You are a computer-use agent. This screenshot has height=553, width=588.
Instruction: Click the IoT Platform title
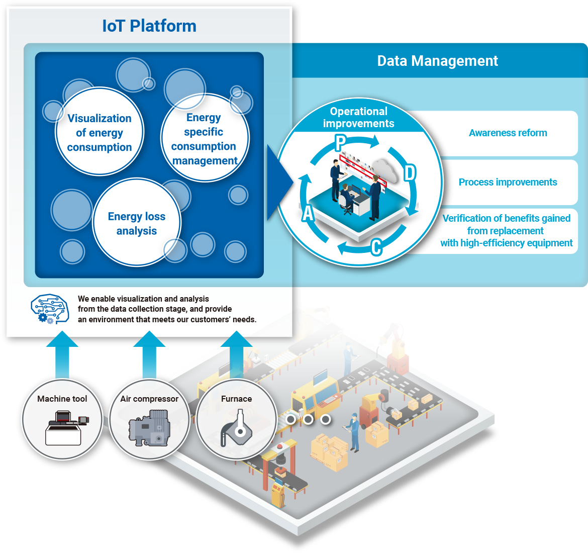point(149,26)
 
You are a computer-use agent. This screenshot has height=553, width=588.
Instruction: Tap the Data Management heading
point(437,61)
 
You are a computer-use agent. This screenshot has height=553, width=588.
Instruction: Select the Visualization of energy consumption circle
point(100,133)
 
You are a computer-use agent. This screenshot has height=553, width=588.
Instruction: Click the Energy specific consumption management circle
point(204,139)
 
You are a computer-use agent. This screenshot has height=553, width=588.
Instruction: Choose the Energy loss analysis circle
point(137,223)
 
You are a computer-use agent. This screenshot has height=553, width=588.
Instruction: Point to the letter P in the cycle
point(341,143)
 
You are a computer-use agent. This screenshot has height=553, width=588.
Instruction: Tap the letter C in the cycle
point(376,247)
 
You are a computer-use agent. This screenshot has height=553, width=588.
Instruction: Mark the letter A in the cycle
point(308,213)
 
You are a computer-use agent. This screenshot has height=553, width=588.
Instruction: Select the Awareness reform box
point(508,133)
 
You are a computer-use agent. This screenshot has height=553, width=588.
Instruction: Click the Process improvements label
point(508,182)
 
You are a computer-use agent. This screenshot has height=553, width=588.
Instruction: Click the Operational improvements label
point(358,118)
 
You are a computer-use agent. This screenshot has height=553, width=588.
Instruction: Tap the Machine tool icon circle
point(62,419)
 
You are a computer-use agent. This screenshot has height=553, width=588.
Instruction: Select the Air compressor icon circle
point(149,419)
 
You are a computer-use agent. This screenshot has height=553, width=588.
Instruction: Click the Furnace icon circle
point(237,419)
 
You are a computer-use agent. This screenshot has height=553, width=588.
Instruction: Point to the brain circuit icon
point(49,308)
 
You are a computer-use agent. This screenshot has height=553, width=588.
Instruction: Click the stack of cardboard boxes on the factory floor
point(329,452)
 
